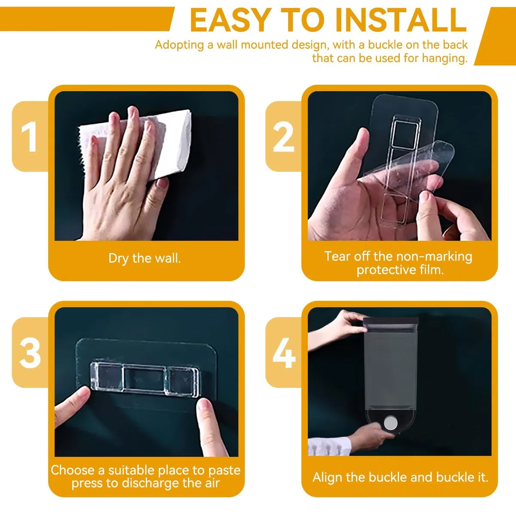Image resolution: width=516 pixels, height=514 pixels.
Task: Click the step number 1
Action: click(29, 137)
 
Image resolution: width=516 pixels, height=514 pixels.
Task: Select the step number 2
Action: click(283, 137)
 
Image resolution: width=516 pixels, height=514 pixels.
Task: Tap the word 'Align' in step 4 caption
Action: click(327, 477)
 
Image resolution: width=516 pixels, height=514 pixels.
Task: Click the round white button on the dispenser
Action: click(391, 423)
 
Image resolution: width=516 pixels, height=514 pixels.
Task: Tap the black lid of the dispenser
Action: click(391, 321)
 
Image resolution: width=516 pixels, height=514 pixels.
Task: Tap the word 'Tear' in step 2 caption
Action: click(338, 256)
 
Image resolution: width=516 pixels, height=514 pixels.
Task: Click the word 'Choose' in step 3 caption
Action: click(72, 470)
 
